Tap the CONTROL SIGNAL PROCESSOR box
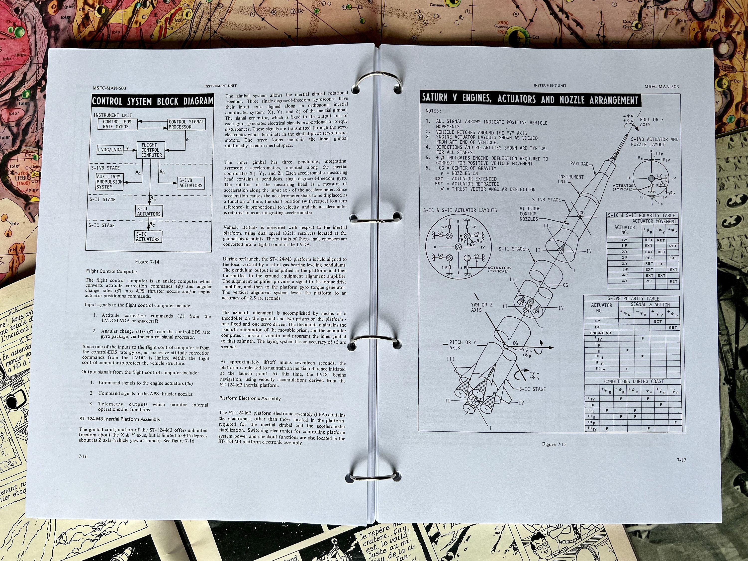186,124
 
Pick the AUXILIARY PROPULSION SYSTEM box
109,182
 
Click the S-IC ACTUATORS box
148,236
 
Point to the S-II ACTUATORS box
149,211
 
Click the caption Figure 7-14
147,262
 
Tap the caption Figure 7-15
554,444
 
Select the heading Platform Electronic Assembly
250,398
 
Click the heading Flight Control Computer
112,271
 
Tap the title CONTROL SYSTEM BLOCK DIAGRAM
153,101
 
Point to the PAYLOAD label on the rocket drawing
579,164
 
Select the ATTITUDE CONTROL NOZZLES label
530,214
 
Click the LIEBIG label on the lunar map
23,177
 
